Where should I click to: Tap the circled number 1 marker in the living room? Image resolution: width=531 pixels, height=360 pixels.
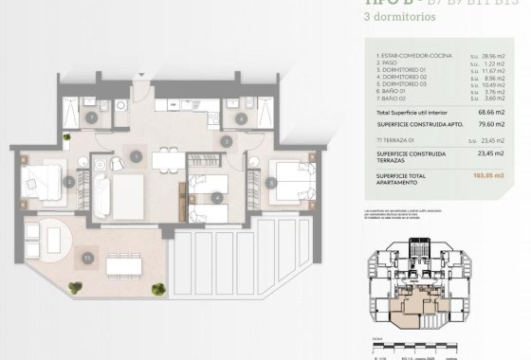click(x=137, y=156)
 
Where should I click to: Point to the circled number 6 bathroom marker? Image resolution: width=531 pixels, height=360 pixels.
click(x=242, y=118)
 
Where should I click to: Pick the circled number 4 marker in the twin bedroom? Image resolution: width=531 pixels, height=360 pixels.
click(x=218, y=198)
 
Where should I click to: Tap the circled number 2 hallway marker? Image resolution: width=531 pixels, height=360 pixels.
click(x=228, y=141)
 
